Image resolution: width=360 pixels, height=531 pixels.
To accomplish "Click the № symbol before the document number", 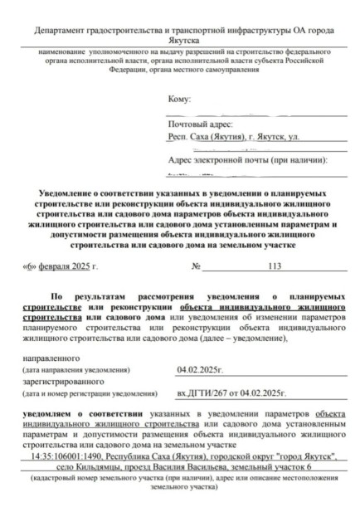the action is (197, 266).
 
